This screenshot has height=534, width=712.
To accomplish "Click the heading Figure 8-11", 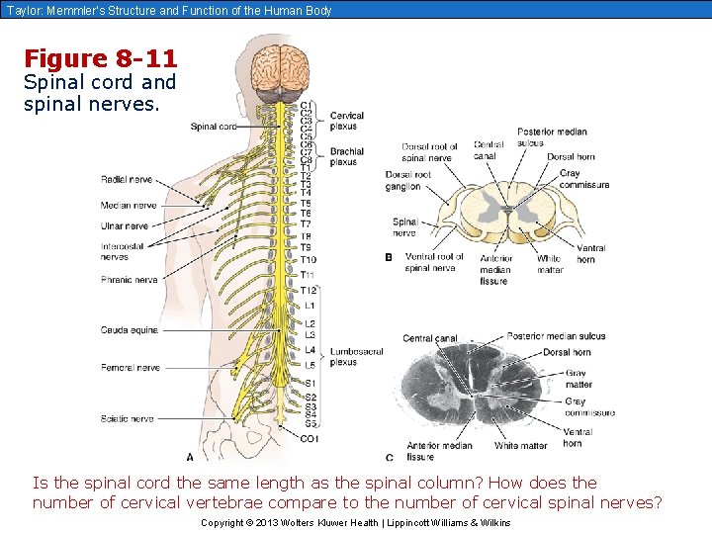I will pos(100,58).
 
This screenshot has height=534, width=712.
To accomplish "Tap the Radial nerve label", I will pos(127,180).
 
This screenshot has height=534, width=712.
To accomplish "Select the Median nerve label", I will pos(129,206).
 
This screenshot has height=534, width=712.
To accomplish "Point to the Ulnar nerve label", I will pos(125,226).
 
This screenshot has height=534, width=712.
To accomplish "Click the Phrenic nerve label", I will pos(129,280).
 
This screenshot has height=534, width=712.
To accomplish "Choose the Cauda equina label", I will pos(129,330).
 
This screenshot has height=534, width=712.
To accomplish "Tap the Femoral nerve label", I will pos(130,368).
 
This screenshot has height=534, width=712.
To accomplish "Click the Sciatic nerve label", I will pos(127,419).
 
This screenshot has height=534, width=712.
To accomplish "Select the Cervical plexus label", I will pos(347,121).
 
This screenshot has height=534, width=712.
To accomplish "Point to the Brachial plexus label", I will pos(347,156).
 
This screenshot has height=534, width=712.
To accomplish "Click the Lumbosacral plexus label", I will pos(357,356).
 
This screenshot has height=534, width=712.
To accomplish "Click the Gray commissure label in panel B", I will pos(583,179).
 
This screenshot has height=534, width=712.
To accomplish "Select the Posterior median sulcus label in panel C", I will pos(556,336).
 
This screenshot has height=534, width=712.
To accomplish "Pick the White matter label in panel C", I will pos(520,446).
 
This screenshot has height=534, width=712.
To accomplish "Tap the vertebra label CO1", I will pos(309,438).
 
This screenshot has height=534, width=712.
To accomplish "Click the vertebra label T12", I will pos(309,290).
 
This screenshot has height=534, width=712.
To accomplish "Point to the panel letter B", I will pos(390,257).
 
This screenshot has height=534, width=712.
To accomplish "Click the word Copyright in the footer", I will pos(222,522).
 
